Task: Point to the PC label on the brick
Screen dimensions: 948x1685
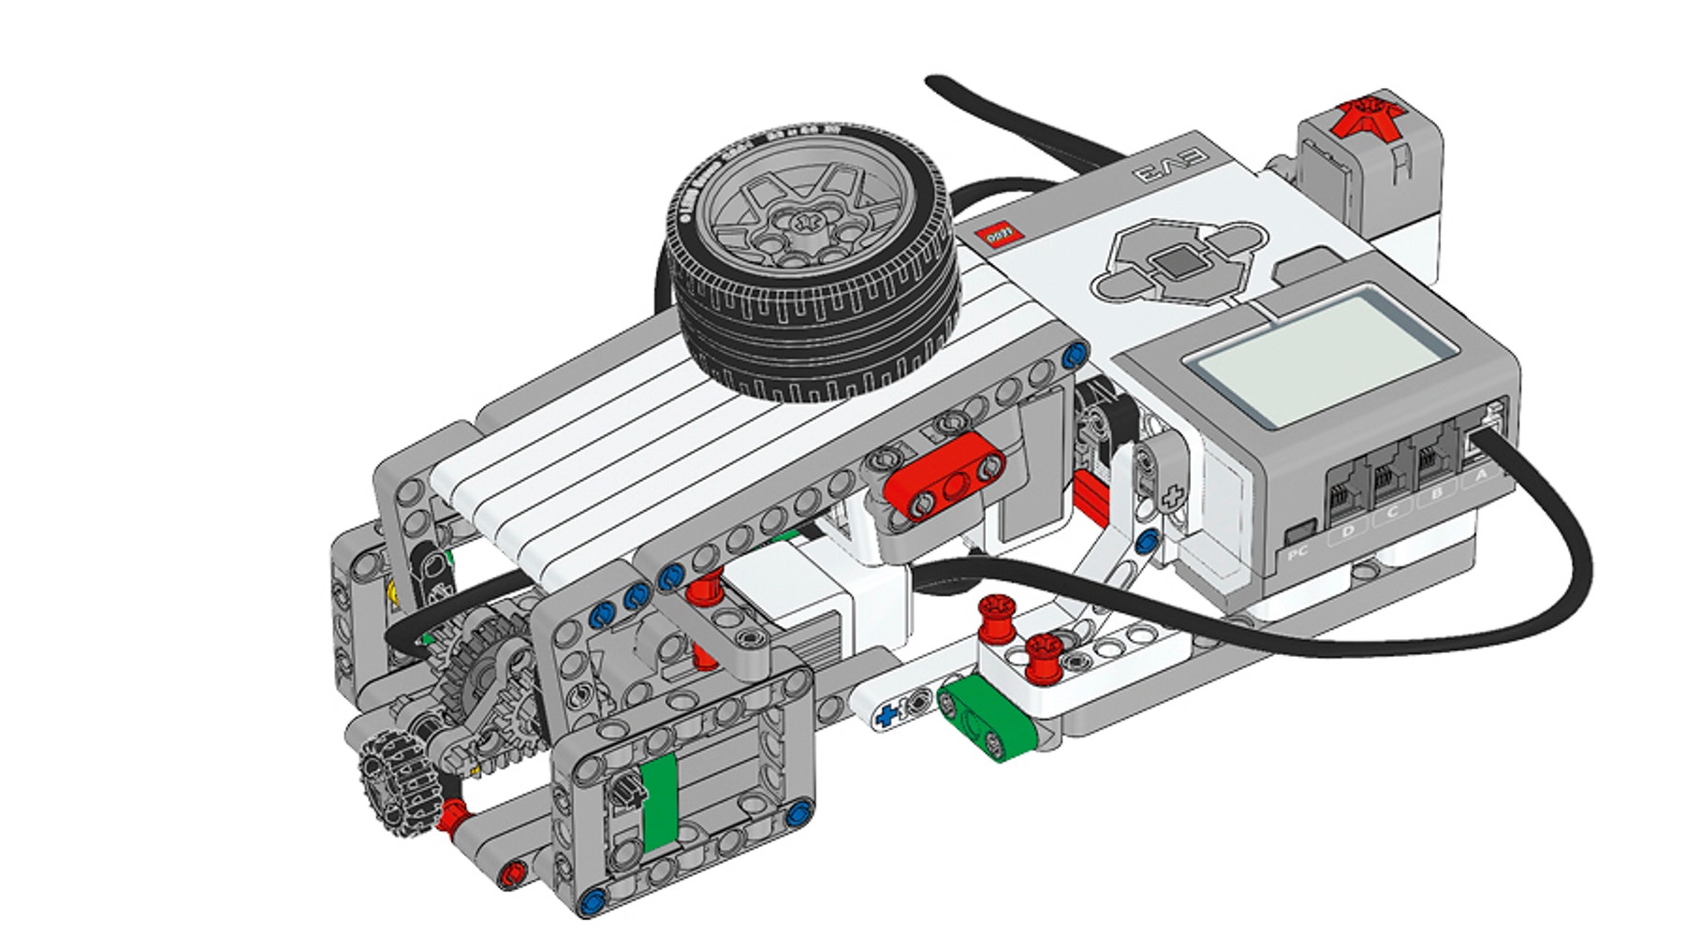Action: point(1298,553)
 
